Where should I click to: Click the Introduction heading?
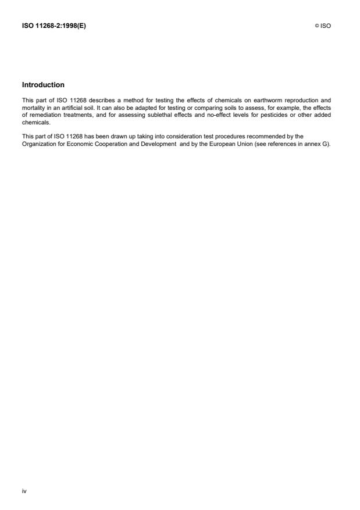tap(43, 85)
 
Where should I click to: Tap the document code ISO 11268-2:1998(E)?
tap(54, 26)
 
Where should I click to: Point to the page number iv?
tap(24, 491)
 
